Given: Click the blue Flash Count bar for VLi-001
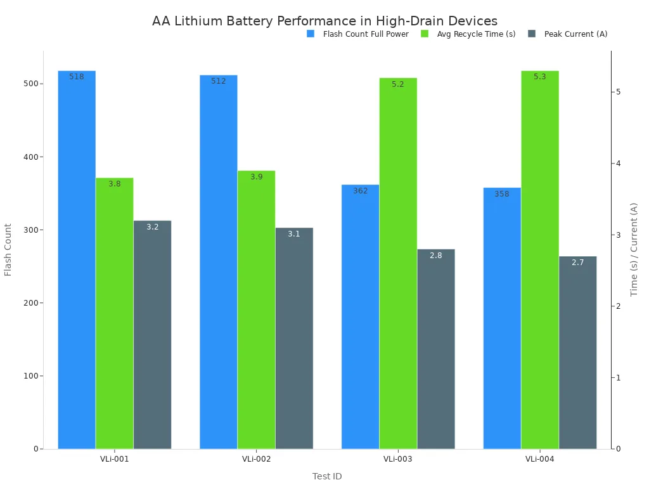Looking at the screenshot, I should click(x=77, y=260).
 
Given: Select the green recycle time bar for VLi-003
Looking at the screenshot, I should click(x=398, y=263).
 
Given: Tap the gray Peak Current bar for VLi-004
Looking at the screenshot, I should click(x=577, y=353).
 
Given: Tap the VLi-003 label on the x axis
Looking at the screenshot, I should click(x=398, y=459).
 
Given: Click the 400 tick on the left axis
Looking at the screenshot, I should click(x=32, y=157).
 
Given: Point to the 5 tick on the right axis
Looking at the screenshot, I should click(x=618, y=92).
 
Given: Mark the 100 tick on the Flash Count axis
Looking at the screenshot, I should click(x=32, y=376).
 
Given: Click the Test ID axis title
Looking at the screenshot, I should click(x=327, y=476).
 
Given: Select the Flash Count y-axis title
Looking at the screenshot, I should click(x=8, y=249).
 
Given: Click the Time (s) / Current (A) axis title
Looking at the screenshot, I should click(x=634, y=249).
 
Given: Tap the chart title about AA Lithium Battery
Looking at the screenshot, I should click(x=324, y=21).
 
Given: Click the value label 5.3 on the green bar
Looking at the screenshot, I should click(x=539, y=77).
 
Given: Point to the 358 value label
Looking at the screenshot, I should click(x=502, y=194).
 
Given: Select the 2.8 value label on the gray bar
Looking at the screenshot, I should click(x=436, y=256).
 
